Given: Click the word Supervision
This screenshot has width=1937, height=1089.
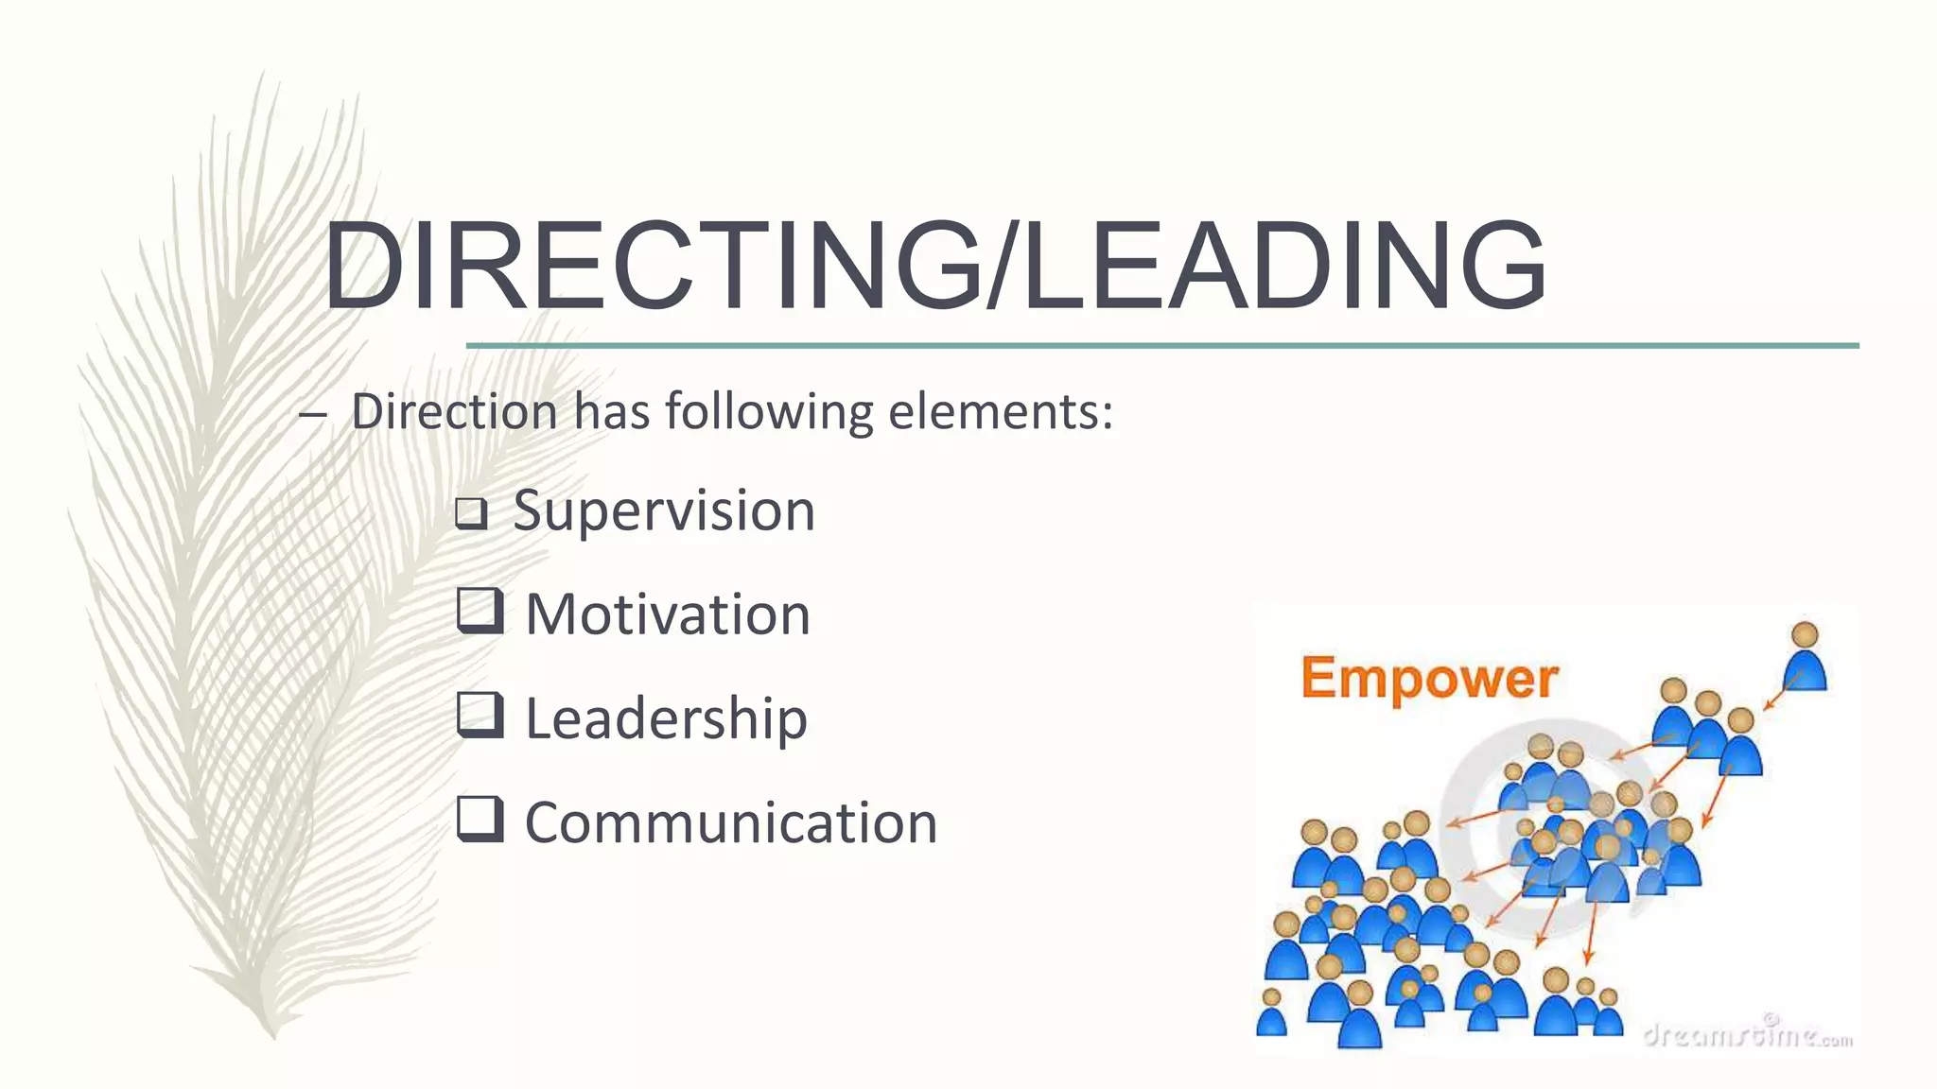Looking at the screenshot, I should pyautogui.click(x=663, y=511).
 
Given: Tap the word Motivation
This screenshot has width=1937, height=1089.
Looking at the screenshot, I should pyautogui.click(x=668, y=614).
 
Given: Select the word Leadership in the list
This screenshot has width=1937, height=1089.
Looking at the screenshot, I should pyautogui.click(x=666, y=718).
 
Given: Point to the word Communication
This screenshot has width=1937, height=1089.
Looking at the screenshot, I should pyautogui.click(x=730, y=822).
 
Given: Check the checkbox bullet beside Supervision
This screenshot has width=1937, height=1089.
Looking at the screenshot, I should pyautogui.click(x=471, y=513).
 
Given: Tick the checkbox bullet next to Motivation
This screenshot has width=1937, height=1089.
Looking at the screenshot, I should pyautogui.click(x=480, y=611).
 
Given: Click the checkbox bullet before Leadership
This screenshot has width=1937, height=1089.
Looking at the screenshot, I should pyautogui.click(x=480, y=715).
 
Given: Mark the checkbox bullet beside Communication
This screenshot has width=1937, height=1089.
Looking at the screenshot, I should pyautogui.click(x=480, y=819).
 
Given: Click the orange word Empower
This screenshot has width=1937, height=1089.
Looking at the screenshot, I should pyautogui.click(x=1428, y=680).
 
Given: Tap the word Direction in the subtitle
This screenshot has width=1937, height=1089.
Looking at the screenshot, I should pyautogui.click(x=454, y=412).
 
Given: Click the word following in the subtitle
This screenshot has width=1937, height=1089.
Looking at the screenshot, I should pyautogui.click(x=769, y=412).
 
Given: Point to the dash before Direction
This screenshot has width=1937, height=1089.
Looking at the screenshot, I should pyautogui.click(x=312, y=414).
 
